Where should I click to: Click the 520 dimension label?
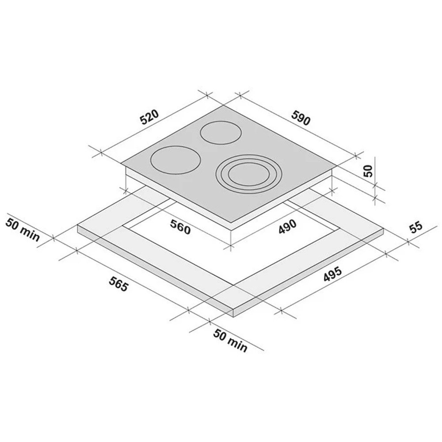150,117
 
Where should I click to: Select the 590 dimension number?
301,118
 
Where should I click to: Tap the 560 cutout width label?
180,227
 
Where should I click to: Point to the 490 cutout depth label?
288,226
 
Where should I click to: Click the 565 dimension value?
119,284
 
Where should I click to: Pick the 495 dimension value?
333,274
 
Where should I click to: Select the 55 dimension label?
416,227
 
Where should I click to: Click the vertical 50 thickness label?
369,171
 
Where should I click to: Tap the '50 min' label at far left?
23,230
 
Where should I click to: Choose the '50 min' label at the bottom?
230,340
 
